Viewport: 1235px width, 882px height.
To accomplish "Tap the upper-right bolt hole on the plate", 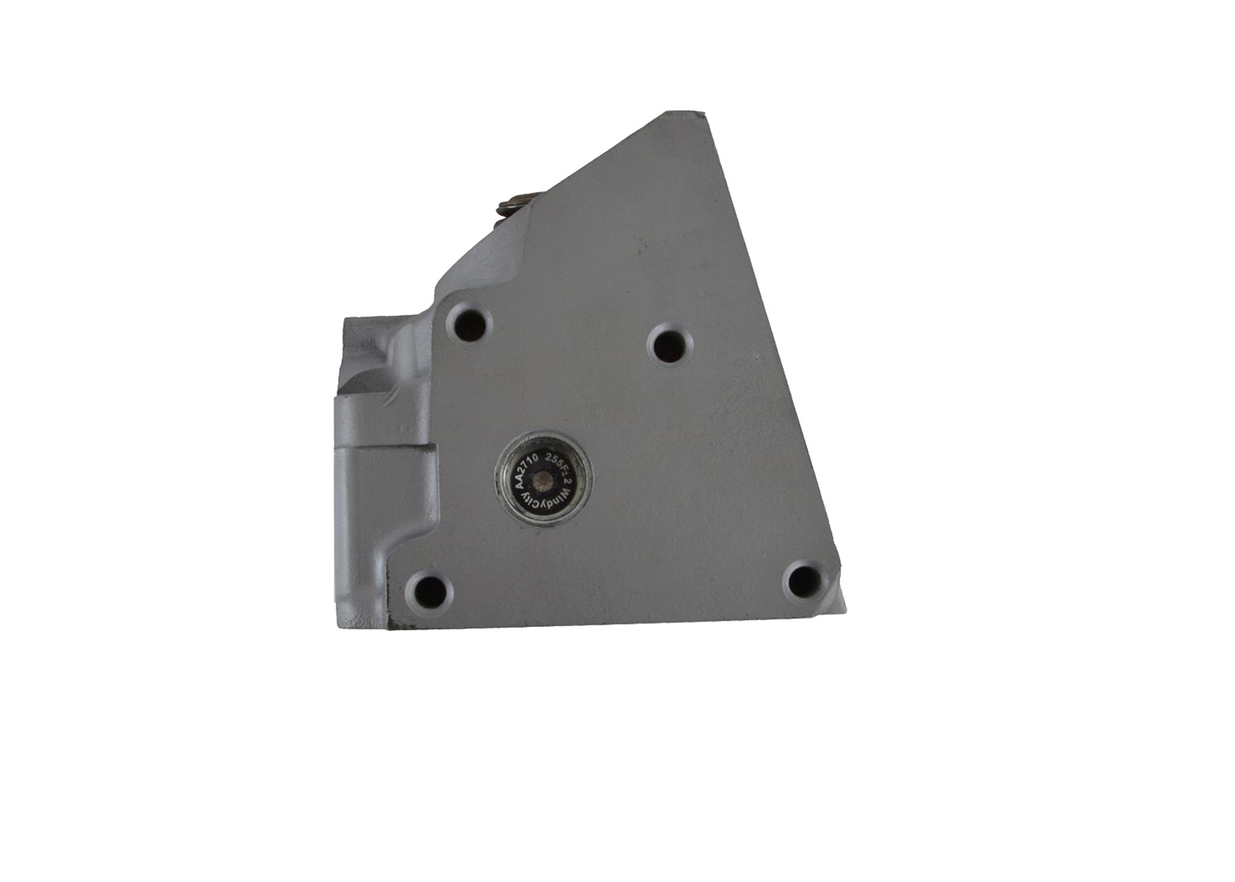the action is point(670,343).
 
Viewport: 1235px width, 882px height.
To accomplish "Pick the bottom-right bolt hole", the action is point(804,582).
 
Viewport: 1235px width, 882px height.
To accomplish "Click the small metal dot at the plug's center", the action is point(544,482).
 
